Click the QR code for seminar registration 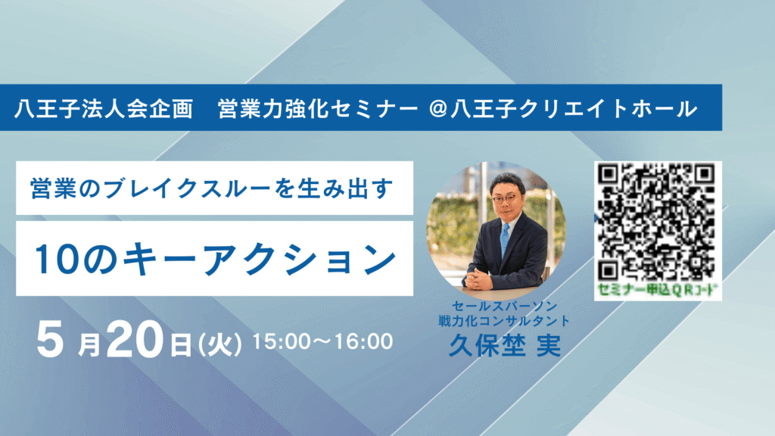point(657,223)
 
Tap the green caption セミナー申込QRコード point(657,290)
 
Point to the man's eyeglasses point(505,198)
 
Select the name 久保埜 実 point(505,345)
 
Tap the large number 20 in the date point(135,339)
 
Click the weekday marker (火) point(219,344)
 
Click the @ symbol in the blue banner point(438,108)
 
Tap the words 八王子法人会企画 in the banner point(103,109)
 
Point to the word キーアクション point(260,260)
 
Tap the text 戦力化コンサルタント point(504,321)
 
